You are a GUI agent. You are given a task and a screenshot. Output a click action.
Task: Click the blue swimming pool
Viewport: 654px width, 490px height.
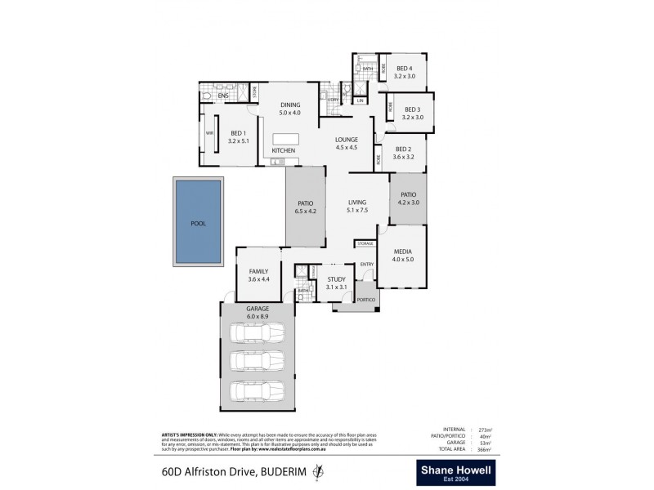(199, 221)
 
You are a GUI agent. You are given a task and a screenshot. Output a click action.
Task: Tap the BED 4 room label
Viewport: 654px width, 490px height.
(405, 69)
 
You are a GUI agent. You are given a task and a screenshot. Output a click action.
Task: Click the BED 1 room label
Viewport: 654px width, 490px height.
(239, 133)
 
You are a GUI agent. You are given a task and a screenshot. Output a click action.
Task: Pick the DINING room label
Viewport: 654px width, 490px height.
(290, 105)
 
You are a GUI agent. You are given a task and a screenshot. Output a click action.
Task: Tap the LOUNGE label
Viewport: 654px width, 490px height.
(347, 140)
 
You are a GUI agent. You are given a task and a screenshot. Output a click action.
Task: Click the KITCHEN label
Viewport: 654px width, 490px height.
(283, 151)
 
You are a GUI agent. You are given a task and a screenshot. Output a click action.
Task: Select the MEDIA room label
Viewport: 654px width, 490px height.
(403, 252)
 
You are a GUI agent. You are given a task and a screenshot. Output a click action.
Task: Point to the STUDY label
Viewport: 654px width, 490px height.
(337, 279)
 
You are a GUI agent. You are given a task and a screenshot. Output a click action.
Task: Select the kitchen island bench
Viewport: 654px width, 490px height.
(292, 137)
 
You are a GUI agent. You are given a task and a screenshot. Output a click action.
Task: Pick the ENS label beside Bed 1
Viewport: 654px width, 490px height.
(222, 96)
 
